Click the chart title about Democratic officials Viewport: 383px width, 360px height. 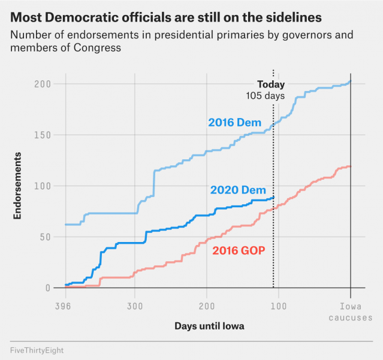click(x=166, y=17)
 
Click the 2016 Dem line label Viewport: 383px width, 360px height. click(x=235, y=122)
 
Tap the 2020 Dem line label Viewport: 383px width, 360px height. click(x=238, y=190)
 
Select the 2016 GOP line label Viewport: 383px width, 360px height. click(x=239, y=250)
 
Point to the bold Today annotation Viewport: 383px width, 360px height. click(x=271, y=84)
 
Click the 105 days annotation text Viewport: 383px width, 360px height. click(x=266, y=96)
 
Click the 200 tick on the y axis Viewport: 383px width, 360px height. click(x=43, y=84)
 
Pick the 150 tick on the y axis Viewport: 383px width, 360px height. click(x=43, y=135)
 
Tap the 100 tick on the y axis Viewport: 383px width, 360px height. click(x=43, y=186)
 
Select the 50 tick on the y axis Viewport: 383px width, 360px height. click(x=46, y=237)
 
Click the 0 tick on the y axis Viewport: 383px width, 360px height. click(x=48, y=288)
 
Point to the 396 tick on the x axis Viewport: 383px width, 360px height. click(x=63, y=306)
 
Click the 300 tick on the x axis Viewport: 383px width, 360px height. click(x=135, y=306)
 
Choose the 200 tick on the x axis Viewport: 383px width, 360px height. click(x=207, y=306)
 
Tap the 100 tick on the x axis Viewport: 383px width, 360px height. click(x=279, y=306)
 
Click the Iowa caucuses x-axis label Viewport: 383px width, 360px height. click(x=351, y=312)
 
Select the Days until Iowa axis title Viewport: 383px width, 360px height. click(x=209, y=326)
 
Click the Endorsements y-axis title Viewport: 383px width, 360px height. click(x=17, y=186)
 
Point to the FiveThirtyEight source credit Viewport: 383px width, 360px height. click(x=37, y=350)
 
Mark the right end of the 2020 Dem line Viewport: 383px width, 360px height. click(x=273, y=198)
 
